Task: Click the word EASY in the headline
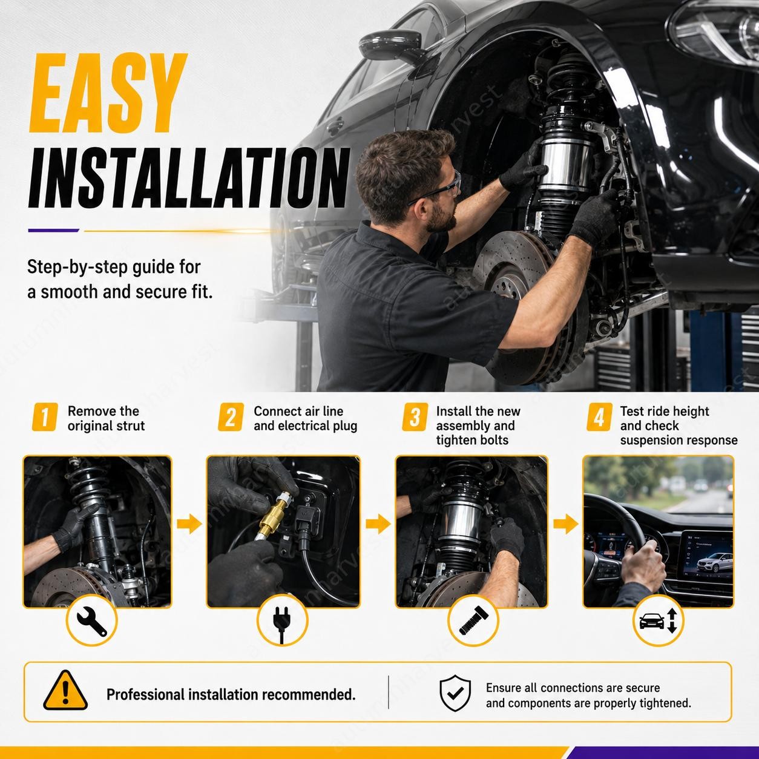pyautogui.click(x=107, y=93)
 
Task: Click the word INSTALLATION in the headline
pyautogui.click(x=189, y=178)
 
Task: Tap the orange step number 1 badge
pyautogui.click(x=45, y=417)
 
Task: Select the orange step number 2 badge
pyautogui.click(x=231, y=417)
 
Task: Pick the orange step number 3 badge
pyautogui.click(x=415, y=417)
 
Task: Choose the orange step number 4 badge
pyautogui.click(x=599, y=417)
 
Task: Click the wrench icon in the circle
pyautogui.click(x=92, y=621)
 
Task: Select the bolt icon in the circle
pyautogui.click(x=474, y=620)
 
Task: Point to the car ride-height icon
pyautogui.click(x=658, y=621)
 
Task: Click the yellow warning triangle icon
pyautogui.click(x=65, y=691)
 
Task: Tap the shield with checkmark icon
pyautogui.click(x=455, y=693)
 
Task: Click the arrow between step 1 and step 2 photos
pyautogui.click(x=189, y=524)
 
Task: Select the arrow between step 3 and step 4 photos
pyautogui.click(x=565, y=524)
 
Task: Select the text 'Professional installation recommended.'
pyautogui.click(x=231, y=694)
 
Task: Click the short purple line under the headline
pyautogui.click(x=54, y=231)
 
